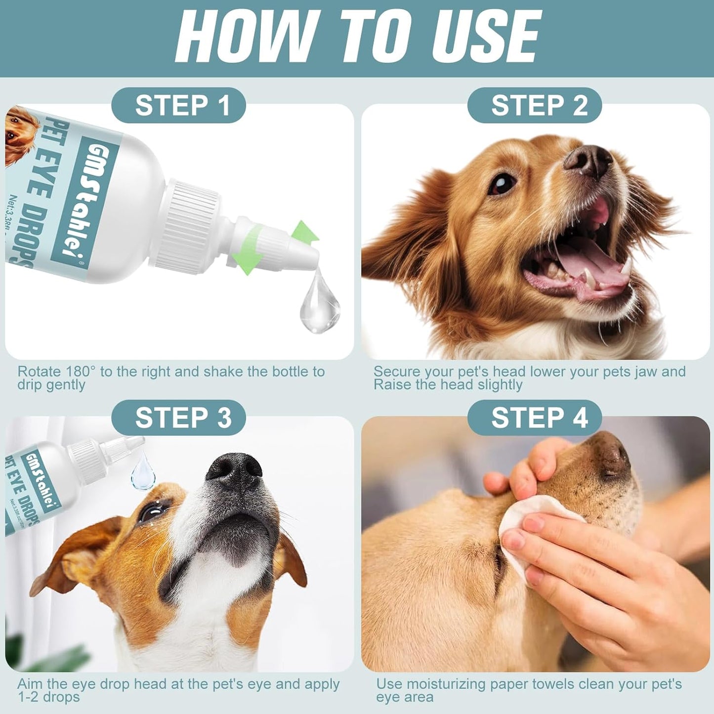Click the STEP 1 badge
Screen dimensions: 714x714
[178, 105]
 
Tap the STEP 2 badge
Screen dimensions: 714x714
[535, 105]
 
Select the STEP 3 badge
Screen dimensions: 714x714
[178, 418]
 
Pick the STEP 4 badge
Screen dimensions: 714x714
[535, 418]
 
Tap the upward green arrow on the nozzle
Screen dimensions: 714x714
[304, 232]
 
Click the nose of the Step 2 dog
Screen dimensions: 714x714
[589, 160]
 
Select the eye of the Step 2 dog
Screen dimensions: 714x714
[502, 184]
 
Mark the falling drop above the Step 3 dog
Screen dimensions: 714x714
[143, 474]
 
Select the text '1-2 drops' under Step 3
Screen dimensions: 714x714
[48, 697]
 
